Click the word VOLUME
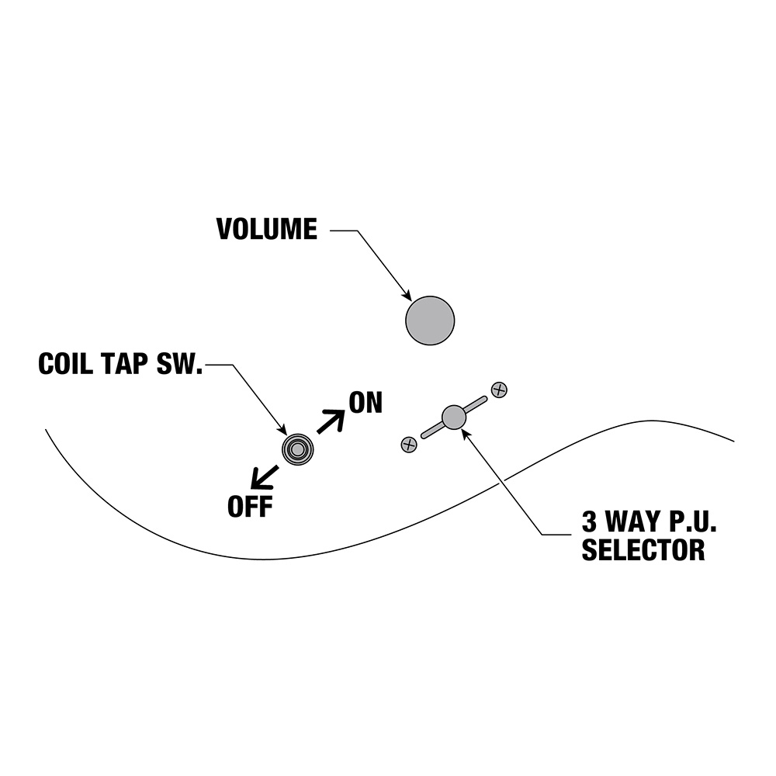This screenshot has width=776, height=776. (267, 230)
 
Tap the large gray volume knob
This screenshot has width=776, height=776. (430, 320)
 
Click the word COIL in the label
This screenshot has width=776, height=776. (68, 364)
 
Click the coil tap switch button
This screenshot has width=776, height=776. (297, 449)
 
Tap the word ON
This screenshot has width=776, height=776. (365, 404)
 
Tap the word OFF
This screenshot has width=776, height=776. (250, 508)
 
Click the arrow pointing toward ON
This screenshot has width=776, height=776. (331, 421)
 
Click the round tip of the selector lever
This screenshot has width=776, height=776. (453, 417)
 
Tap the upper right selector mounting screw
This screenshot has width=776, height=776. (500, 390)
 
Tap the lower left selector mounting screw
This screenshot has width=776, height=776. (408, 444)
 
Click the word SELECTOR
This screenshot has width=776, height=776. (643, 549)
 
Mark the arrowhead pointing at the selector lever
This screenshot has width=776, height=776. (466, 433)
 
